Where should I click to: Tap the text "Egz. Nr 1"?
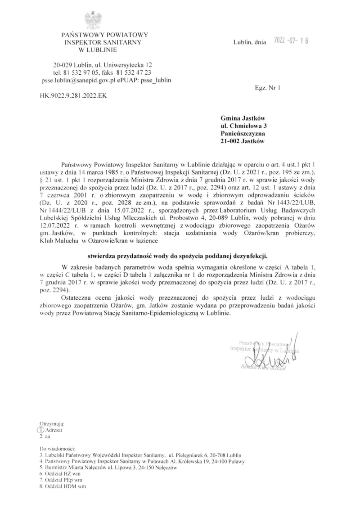[x=267, y=88]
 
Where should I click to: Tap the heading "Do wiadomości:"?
[x=58, y=449]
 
